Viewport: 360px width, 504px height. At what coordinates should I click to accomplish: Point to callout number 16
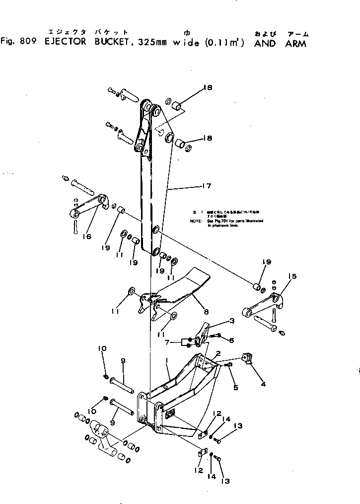[87, 237]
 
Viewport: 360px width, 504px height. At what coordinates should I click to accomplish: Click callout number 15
[292, 276]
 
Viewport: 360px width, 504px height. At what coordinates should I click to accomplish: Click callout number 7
[169, 343]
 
